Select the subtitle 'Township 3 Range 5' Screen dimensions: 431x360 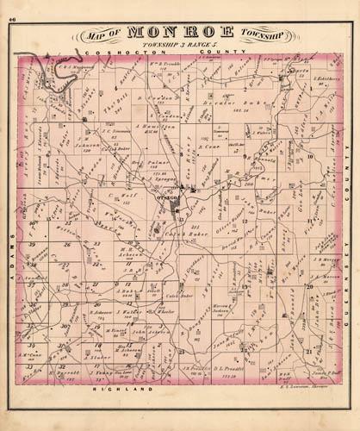(x=179, y=46)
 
